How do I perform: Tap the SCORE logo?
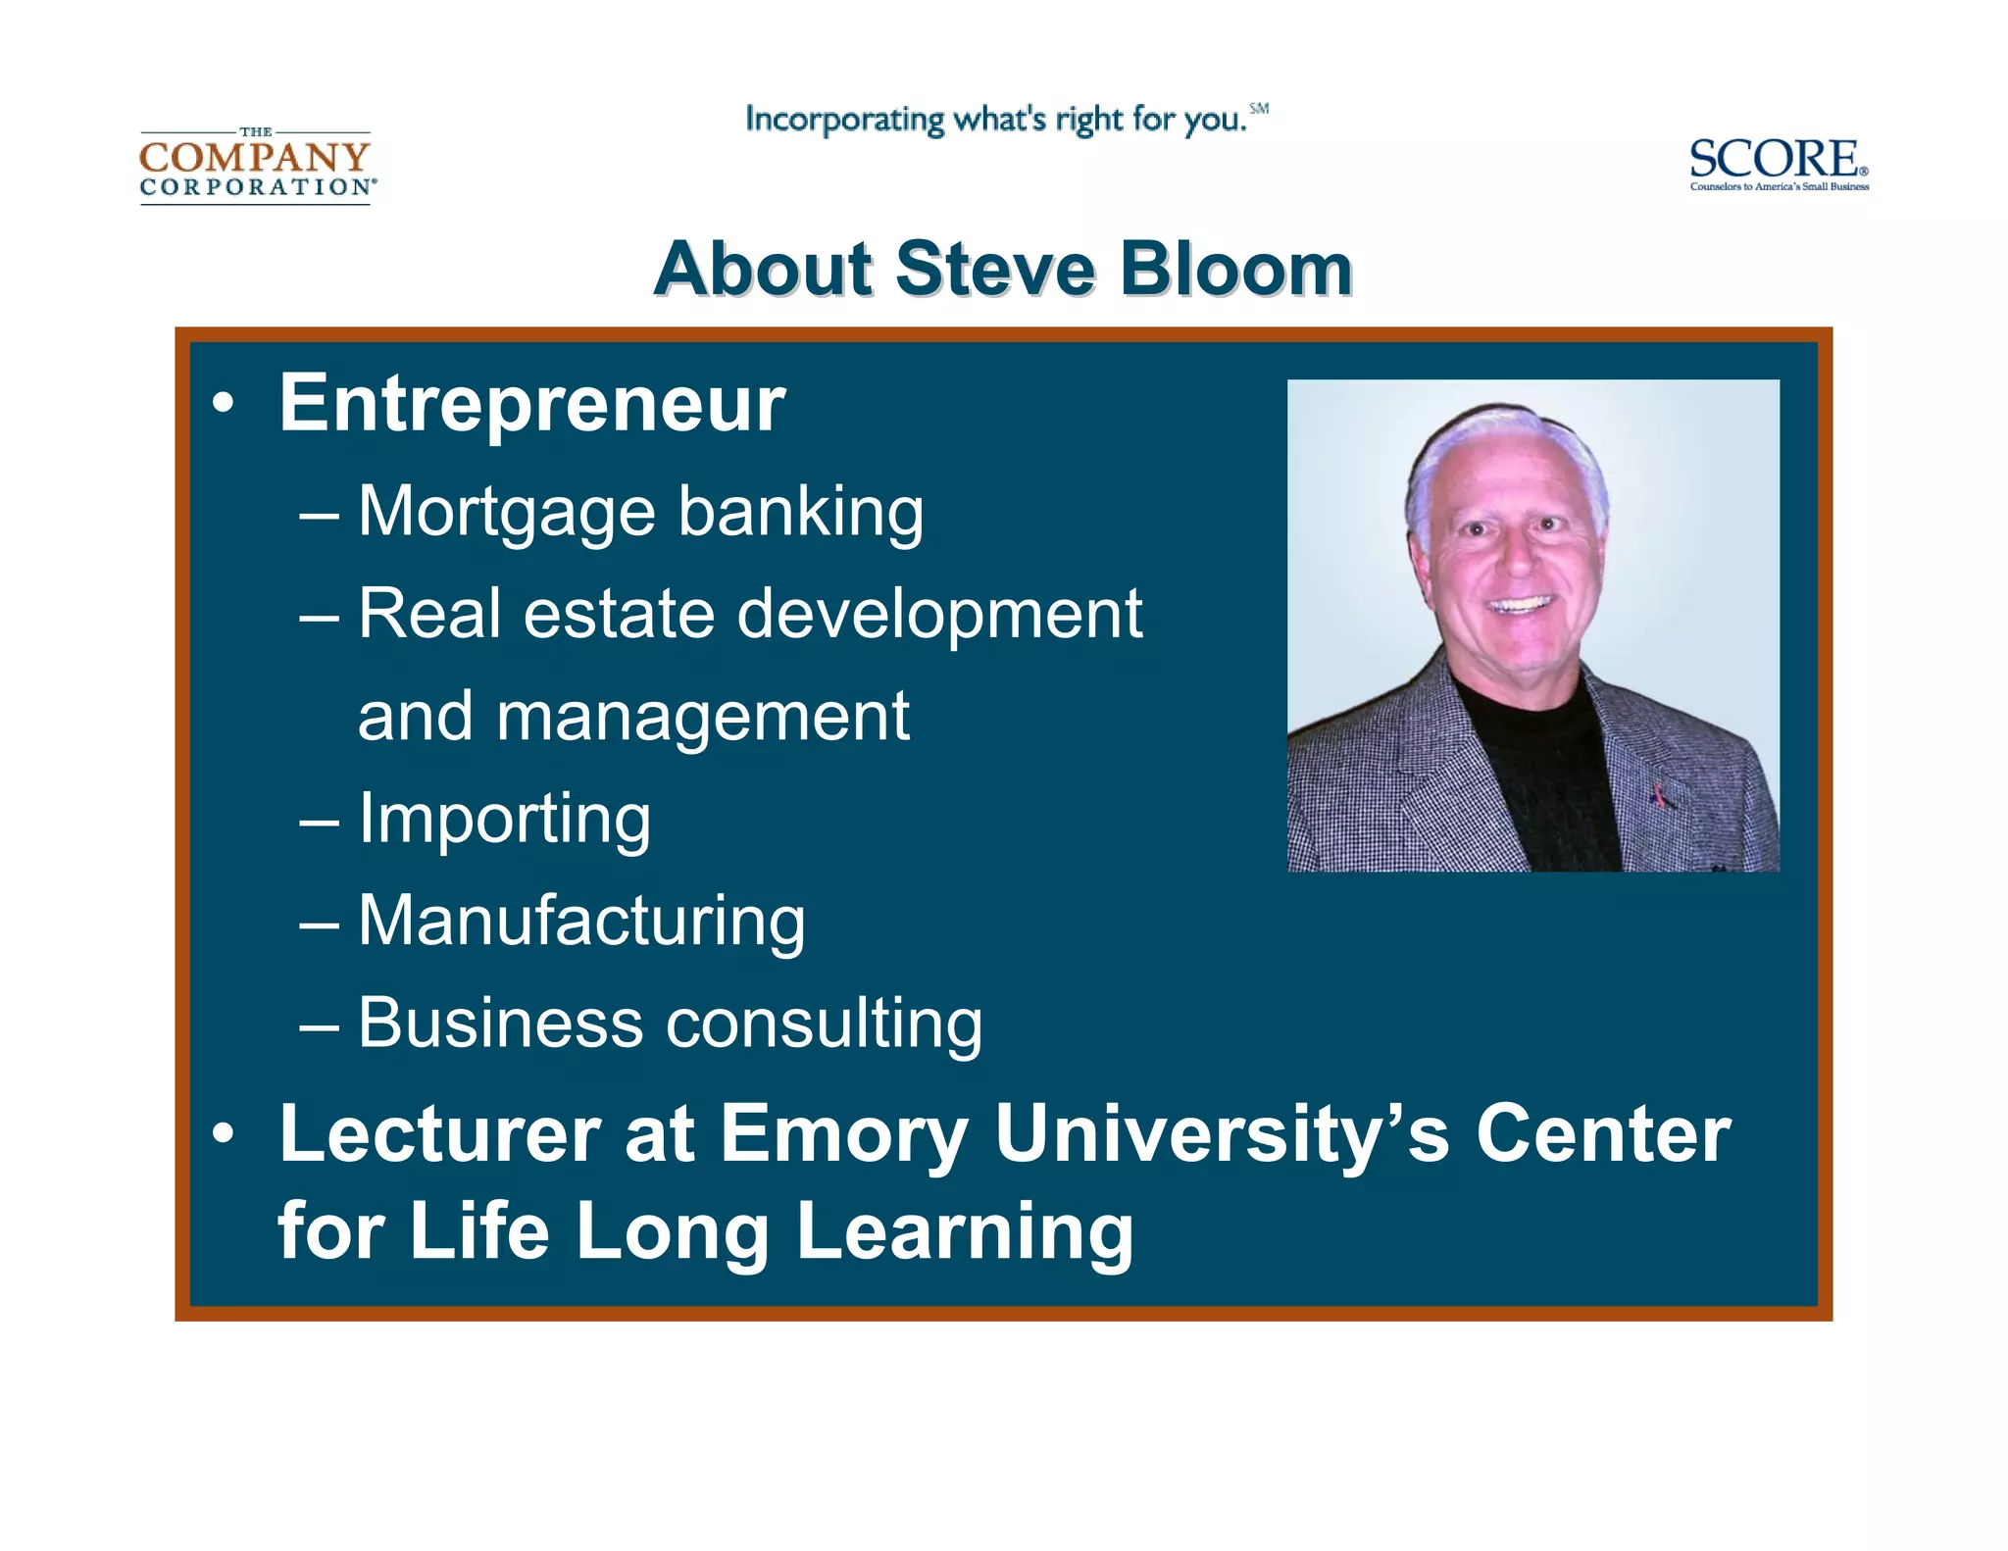(x=1778, y=163)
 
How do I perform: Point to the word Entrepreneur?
(x=531, y=403)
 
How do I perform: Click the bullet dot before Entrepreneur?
(x=224, y=404)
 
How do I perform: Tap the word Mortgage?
(x=506, y=512)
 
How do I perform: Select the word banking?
(x=800, y=512)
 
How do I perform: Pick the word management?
(x=703, y=718)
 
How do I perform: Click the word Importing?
(x=504, y=819)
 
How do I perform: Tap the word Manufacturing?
(x=581, y=922)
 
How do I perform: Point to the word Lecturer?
(x=439, y=1134)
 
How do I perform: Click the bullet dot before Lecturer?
(x=224, y=1134)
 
